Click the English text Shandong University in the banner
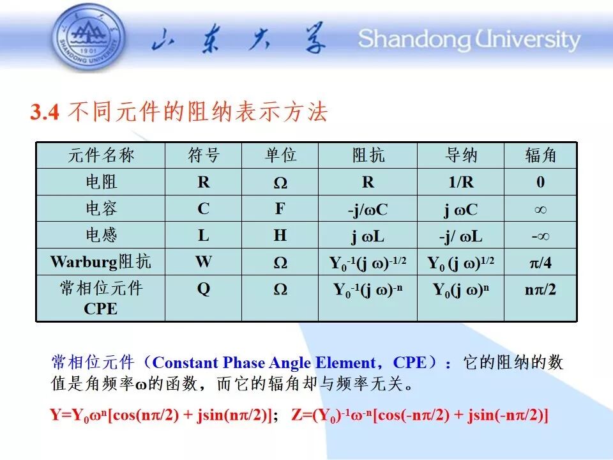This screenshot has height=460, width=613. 469,40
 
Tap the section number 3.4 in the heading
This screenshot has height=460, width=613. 45,112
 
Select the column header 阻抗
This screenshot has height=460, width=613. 368,155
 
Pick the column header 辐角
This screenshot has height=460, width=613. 540,155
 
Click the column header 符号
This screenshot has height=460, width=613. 204,155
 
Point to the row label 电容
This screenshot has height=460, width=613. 102,208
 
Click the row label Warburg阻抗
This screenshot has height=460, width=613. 100,262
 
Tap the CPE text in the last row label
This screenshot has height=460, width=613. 100,309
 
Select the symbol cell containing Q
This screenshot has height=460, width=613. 204,289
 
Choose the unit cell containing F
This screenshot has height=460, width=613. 280,208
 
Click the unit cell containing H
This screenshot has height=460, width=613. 280,235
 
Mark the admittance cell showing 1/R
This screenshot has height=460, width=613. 461,182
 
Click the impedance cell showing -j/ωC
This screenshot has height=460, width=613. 368,210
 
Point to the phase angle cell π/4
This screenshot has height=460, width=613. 541,263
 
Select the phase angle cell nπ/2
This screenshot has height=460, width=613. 540,289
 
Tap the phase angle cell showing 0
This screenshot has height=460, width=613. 541,182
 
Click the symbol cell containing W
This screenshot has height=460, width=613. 204,262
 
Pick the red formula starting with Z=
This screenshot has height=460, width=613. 420,415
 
